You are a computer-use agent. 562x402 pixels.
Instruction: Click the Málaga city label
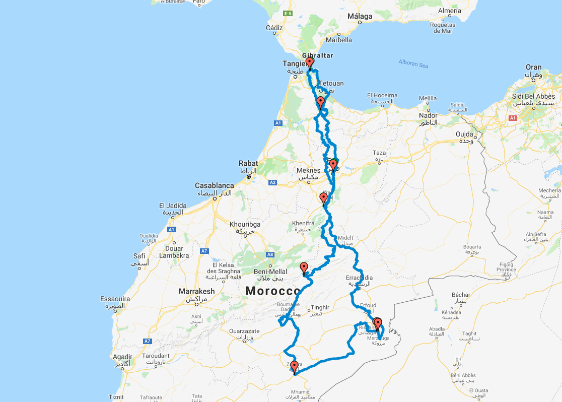[360, 16]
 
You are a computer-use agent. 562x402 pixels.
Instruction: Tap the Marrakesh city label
[196, 291]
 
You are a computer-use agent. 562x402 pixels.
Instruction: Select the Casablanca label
[215, 185]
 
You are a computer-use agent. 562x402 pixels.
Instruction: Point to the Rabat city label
[249, 163]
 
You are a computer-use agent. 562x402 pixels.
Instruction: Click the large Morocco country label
[272, 291]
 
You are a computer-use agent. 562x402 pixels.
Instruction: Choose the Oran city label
[534, 67]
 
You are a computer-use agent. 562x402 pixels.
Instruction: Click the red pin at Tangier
[310, 62]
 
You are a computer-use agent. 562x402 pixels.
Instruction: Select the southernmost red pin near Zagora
[294, 366]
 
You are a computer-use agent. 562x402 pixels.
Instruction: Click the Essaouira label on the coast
[115, 299]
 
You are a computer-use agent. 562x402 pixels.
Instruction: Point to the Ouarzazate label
[244, 331]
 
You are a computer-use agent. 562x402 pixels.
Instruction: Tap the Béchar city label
[461, 295]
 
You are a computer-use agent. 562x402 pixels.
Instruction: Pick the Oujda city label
[465, 134]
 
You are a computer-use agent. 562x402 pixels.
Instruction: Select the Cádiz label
[274, 28]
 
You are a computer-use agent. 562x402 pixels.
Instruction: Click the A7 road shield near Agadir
[147, 341]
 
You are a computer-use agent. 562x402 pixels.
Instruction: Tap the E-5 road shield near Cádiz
[288, 13]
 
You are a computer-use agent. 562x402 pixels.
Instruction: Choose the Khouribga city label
[244, 224]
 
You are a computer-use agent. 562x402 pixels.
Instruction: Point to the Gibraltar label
[318, 55]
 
